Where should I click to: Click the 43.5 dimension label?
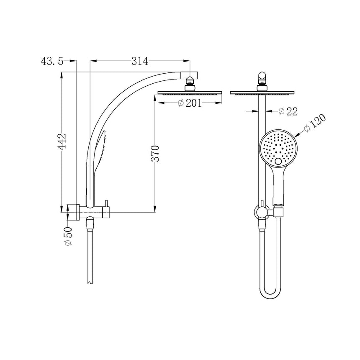pos(52,62)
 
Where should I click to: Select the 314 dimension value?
pos(140,62)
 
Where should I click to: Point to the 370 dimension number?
pos(155,154)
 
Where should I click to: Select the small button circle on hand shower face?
pos(279,162)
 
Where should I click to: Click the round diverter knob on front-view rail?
pos(261,212)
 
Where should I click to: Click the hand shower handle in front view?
pos(278,186)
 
